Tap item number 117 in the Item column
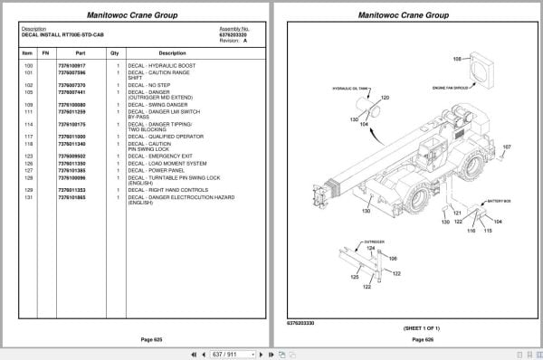(x=28, y=136)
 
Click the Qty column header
(x=115, y=53)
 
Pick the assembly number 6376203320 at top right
(x=233, y=33)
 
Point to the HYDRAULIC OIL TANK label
(x=350, y=89)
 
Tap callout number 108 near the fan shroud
(x=457, y=59)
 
